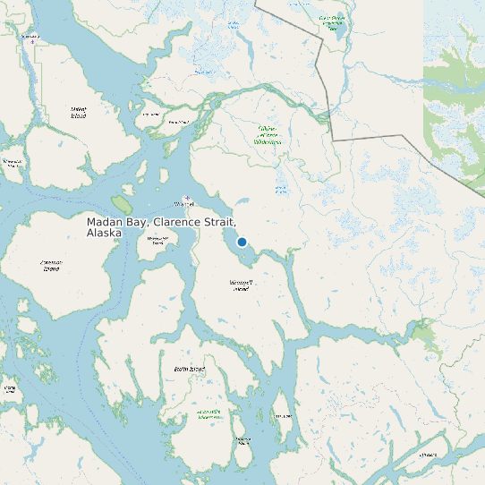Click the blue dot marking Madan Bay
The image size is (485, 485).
click(x=242, y=242)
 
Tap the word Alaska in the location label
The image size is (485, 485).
click(x=104, y=233)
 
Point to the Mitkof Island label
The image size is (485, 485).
click(x=78, y=112)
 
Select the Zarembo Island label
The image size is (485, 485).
click(x=51, y=265)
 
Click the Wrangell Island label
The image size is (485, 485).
click(x=241, y=285)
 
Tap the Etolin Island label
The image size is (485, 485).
click(x=190, y=369)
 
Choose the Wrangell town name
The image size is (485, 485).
click(x=185, y=204)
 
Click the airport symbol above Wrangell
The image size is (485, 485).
click(x=186, y=197)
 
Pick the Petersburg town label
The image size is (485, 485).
click(x=30, y=36)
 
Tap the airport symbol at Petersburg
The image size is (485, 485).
click(x=33, y=42)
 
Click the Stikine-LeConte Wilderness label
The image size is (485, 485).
click(x=268, y=135)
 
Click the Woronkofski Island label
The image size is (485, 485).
click(x=157, y=239)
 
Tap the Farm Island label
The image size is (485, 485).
click(x=178, y=121)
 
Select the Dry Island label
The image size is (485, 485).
click(x=150, y=115)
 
